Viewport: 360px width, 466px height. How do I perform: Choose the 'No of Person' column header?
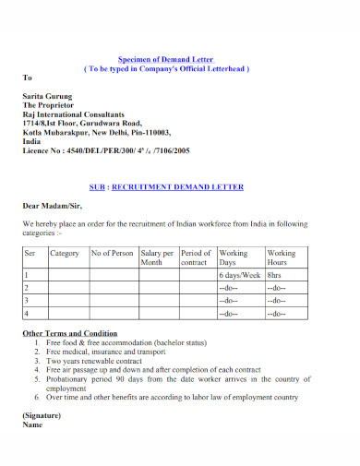point(112,252)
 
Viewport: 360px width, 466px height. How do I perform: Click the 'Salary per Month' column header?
point(157,257)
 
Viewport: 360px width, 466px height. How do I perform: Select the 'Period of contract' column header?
point(196,257)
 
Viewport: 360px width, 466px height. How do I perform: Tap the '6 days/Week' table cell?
point(237,275)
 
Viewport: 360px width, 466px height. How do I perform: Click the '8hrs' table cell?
point(275,275)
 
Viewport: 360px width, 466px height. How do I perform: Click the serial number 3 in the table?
point(27,300)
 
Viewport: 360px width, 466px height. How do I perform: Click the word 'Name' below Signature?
point(32,425)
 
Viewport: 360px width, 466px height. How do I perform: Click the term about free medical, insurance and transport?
point(114,352)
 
